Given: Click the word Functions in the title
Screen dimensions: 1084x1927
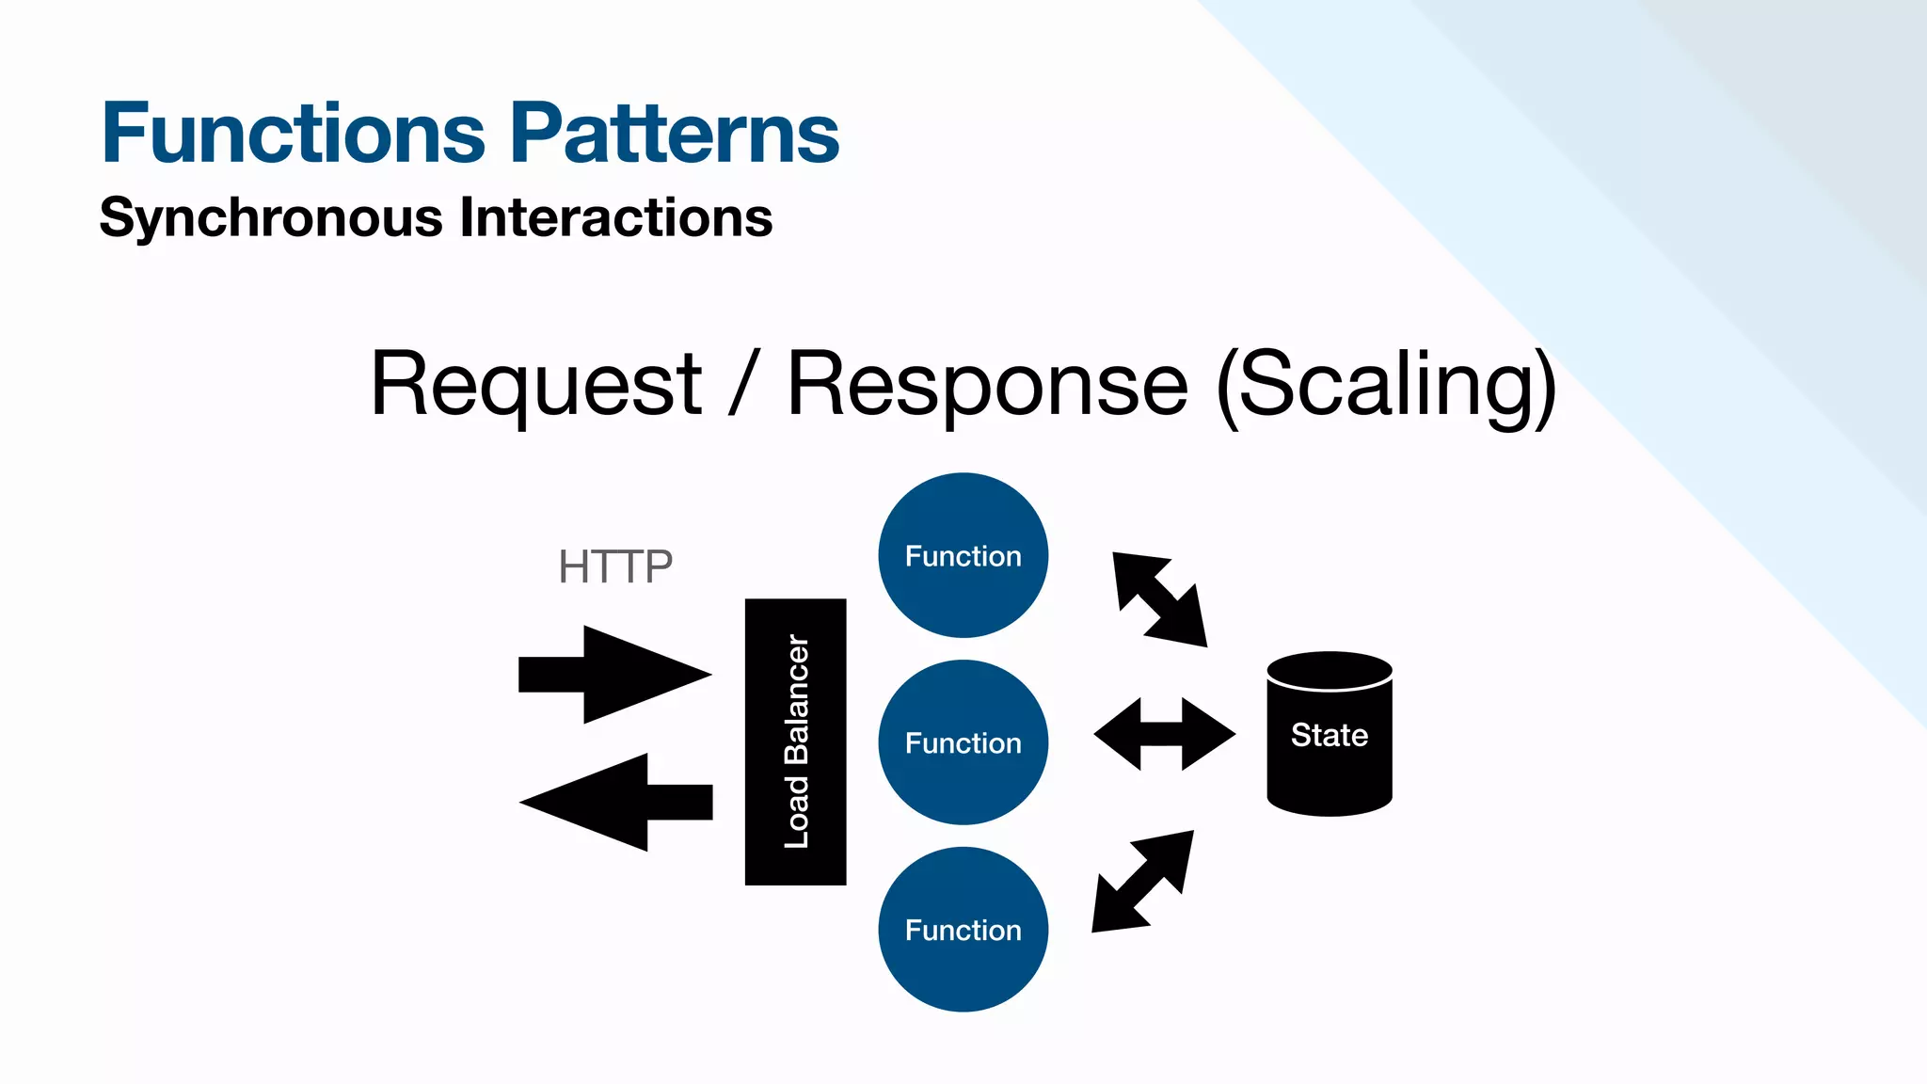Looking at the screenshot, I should point(293,134).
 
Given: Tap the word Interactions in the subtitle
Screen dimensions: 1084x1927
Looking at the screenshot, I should point(615,217).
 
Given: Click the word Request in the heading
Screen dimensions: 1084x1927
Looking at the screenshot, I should point(535,384).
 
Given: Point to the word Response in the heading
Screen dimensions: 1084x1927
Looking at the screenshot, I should point(987,384).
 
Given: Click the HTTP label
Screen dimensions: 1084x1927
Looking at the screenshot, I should point(615,566).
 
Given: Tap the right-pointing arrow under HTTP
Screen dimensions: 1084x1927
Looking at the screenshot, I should point(613,675).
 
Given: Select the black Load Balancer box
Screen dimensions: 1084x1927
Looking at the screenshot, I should point(795,741).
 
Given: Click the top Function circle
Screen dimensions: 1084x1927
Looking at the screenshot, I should point(963,555).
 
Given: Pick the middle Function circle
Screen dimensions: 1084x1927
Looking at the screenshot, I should point(963,742).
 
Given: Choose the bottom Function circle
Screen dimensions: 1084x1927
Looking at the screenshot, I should point(963,930).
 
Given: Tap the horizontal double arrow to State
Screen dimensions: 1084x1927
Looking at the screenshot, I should point(1164,734).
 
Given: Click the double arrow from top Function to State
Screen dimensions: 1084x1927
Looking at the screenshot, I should point(1159,599).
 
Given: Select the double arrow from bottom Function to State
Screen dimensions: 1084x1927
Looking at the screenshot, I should point(1143,882).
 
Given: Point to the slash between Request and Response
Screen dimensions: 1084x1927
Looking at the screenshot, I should point(743,384).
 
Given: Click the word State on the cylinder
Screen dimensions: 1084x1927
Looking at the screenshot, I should point(1329,735).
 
